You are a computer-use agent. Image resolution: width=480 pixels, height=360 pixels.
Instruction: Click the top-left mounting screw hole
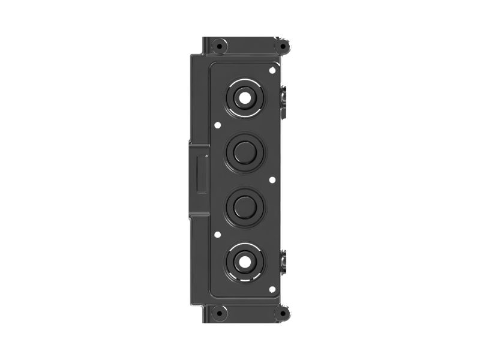[x=220, y=46]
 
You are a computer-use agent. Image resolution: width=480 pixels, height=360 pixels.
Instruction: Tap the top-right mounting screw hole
[x=280, y=46]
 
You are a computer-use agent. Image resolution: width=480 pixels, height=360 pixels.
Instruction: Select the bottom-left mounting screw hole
[x=220, y=313]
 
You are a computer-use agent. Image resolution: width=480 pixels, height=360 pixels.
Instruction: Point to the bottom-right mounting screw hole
[x=280, y=313]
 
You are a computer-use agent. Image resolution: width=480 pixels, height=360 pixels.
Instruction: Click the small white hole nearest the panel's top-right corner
[x=272, y=71]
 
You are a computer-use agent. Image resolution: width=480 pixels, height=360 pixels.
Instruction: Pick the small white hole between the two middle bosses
[x=272, y=179]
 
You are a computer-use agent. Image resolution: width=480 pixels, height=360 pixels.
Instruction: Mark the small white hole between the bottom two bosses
[x=217, y=235]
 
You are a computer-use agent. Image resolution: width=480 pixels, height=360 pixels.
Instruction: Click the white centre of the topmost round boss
[x=245, y=97]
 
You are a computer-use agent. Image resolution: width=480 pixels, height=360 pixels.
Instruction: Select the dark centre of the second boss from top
[x=245, y=152]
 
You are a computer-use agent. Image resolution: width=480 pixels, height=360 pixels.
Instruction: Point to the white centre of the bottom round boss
[x=245, y=262]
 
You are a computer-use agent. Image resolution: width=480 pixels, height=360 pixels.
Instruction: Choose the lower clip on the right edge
[x=284, y=261]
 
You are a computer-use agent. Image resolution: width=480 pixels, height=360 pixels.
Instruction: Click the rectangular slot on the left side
[x=202, y=173]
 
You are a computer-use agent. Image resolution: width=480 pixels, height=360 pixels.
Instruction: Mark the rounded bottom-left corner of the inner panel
[x=212, y=295]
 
